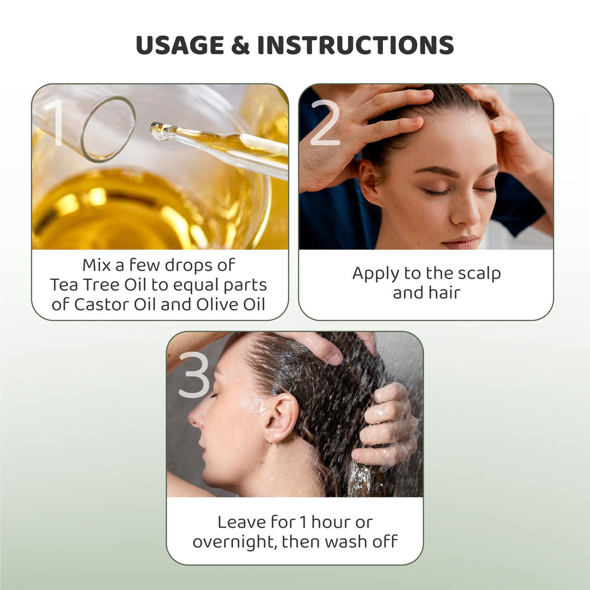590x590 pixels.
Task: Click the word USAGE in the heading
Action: [x=180, y=45]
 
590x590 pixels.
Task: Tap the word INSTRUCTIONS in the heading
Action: [x=355, y=45]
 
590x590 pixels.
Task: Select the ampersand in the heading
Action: [x=240, y=45]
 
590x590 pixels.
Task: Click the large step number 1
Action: [x=53, y=123]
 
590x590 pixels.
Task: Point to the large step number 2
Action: [x=325, y=123]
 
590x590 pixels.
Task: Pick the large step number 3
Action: [x=194, y=375]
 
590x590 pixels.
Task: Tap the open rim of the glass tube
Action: [x=108, y=129]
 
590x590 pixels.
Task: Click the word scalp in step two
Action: [x=478, y=273]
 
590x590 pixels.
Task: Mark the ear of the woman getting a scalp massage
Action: [x=369, y=182]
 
